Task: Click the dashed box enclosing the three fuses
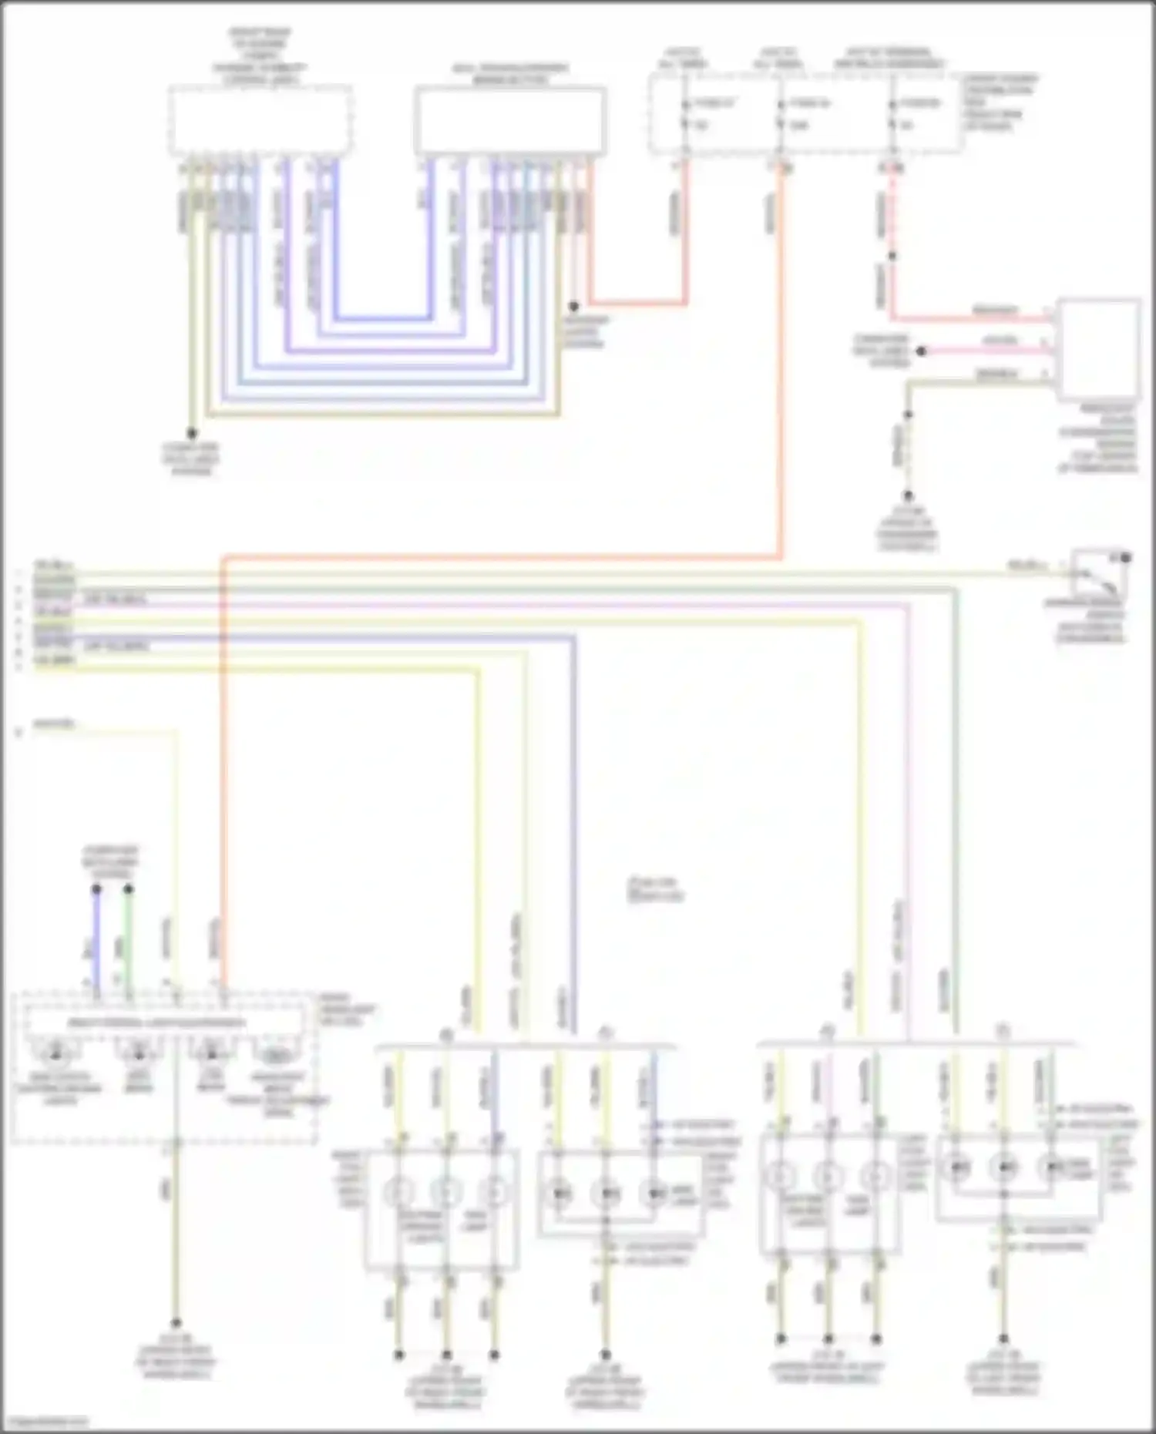point(805,113)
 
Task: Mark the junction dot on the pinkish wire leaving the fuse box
point(892,255)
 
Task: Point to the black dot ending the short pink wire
point(921,351)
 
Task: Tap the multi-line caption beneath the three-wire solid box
point(1097,437)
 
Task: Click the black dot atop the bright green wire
point(129,889)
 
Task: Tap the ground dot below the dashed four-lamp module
point(176,1322)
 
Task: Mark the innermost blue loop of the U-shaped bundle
point(382,317)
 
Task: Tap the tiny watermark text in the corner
point(42,1422)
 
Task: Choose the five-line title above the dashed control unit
point(260,56)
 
